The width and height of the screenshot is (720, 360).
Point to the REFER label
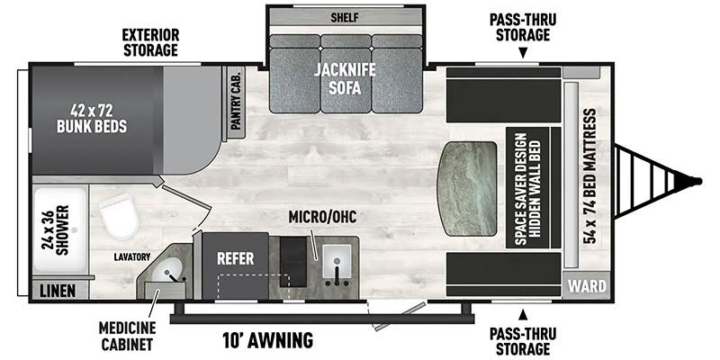pos(233,256)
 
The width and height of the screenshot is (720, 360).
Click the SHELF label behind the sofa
pos(346,15)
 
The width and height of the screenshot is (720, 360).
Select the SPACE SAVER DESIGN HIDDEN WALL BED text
pos(526,187)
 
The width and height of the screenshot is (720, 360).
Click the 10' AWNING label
pos(267,340)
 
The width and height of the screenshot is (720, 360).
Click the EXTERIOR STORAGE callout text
pos(151,42)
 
